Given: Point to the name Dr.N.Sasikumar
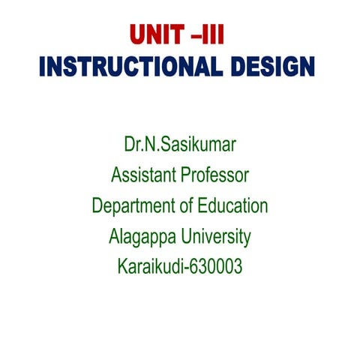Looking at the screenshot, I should pyautogui.click(x=180, y=145).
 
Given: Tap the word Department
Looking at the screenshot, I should pyautogui.click(x=132, y=206).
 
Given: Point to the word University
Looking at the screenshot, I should pyautogui.click(x=213, y=237).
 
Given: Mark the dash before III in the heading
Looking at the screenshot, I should pyautogui.click(x=196, y=37).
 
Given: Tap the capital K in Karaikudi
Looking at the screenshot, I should pyautogui.click(x=121, y=266).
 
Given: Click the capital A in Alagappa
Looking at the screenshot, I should pyautogui.click(x=114, y=237).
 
